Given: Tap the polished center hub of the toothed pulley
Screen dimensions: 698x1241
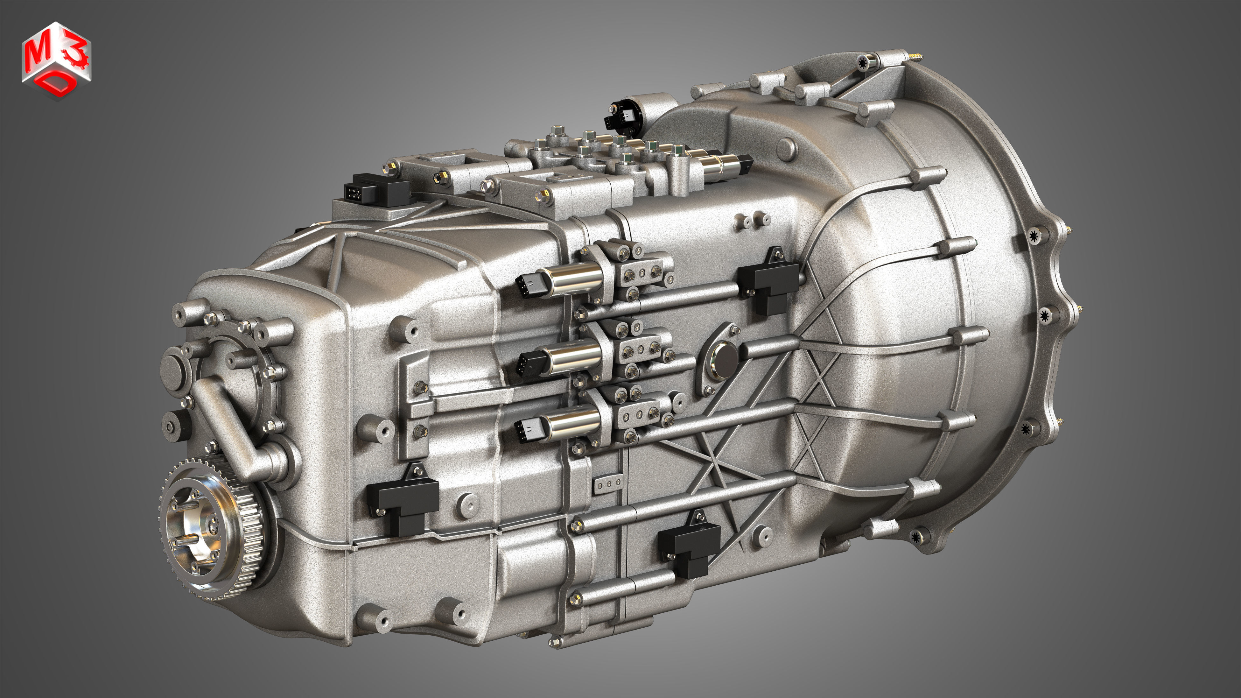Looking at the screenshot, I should (193, 530).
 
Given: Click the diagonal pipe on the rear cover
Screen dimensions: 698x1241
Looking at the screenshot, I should (227, 424).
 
